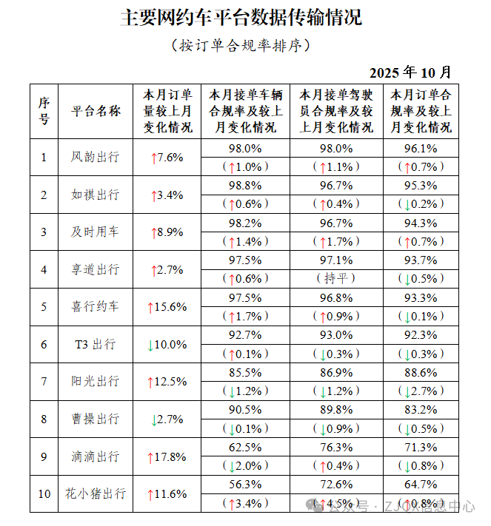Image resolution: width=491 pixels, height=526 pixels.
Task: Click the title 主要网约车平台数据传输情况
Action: click(241, 18)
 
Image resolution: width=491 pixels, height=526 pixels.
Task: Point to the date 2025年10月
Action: click(410, 73)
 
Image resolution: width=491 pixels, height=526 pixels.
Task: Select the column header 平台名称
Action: click(96, 111)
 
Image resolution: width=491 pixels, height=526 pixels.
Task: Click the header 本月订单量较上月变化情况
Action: click(167, 111)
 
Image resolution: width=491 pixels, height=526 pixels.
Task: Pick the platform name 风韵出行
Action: click(96, 157)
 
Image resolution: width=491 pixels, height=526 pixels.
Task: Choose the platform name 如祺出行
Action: click(96, 195)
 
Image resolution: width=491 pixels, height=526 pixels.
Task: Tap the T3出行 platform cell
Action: click(96, 344)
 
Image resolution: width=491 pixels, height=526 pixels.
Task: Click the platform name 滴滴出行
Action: click(96, 456)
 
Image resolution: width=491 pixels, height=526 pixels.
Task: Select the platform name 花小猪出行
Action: click(96, 493)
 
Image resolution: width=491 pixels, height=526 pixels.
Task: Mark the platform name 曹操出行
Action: click(96, 419)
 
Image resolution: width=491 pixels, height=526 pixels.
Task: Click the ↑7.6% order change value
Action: click(167, 158)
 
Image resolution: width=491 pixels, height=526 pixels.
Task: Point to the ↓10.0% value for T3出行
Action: click(167, 345)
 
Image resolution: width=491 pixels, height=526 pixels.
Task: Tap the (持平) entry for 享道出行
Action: click(336, 278)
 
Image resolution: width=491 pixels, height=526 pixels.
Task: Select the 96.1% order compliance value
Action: click(421, 148)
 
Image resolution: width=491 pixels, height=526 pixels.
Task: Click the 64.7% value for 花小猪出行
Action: click(421, 485)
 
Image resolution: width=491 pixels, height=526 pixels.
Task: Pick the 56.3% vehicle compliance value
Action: click(246, 485)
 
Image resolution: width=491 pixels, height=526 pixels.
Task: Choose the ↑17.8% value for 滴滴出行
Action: click(167, 457)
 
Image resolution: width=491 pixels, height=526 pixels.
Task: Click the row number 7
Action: click(44, 381)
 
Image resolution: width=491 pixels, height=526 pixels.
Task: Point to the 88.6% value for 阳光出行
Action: click(421, 372)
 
